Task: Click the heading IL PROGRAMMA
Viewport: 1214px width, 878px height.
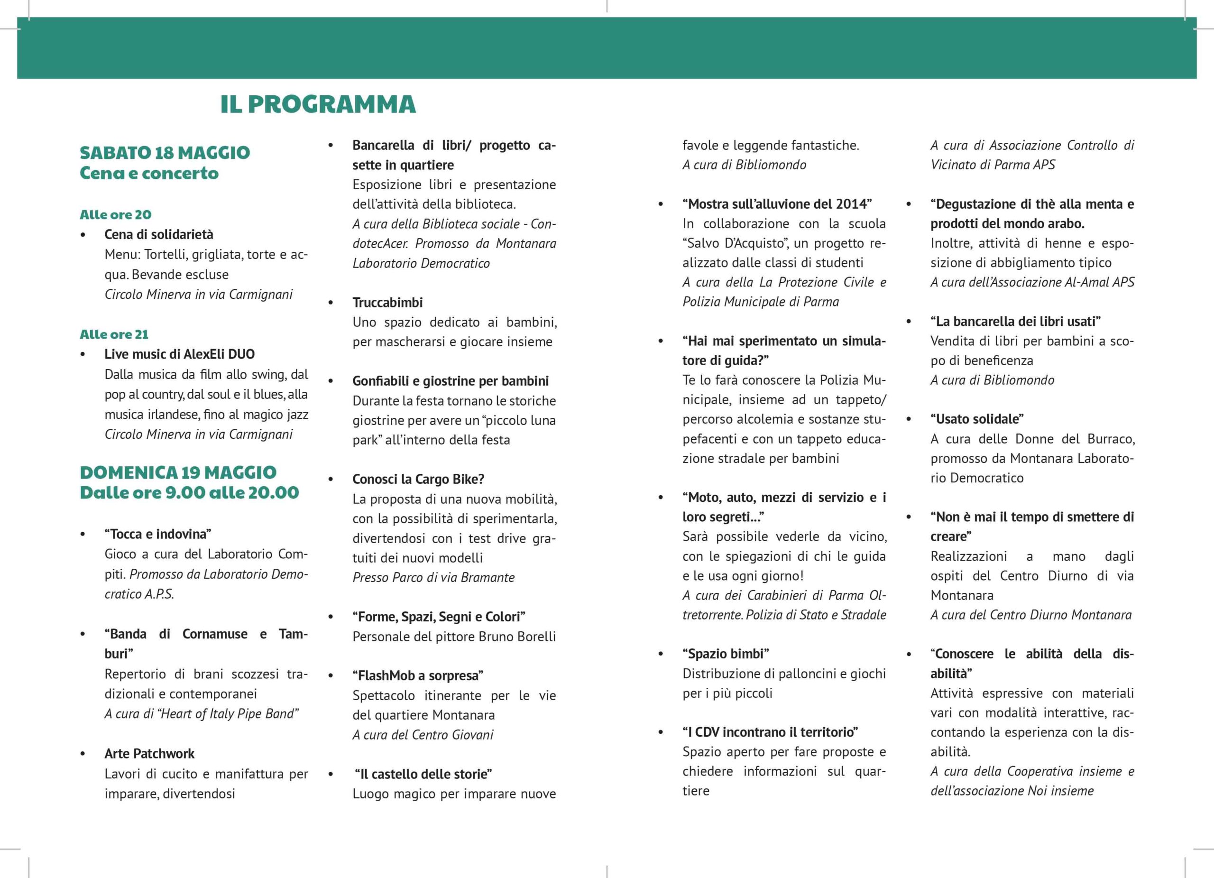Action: click(318, 104)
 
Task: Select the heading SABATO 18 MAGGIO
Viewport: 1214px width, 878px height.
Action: click(165, 153)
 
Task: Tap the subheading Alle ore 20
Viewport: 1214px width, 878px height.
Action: click(116, 215)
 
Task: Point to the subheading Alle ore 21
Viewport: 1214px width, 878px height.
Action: click(114, 334)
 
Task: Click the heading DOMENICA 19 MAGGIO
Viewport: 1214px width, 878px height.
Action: click(178, 472)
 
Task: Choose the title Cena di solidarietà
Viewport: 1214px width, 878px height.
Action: click(159, 234)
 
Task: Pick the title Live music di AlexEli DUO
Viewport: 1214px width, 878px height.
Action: click(180, 354)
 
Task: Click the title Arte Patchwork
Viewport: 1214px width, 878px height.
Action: click(149, 754)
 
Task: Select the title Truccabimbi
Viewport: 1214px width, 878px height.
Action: click(387, 303)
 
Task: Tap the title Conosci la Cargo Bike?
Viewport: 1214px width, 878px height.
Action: click(418, 479)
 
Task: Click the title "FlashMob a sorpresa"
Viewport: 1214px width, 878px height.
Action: click(417, 675)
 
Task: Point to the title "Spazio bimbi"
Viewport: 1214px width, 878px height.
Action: click(725, 654)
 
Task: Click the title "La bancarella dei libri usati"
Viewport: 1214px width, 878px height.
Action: click(1015, 321)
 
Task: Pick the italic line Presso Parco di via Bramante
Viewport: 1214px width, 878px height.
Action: click(433, 578)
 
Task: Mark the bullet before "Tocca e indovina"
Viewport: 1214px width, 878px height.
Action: click(83, 534)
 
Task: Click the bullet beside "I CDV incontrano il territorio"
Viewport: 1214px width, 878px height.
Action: click(661, 732)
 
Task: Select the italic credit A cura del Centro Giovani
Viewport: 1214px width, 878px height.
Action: click(423, 735)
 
